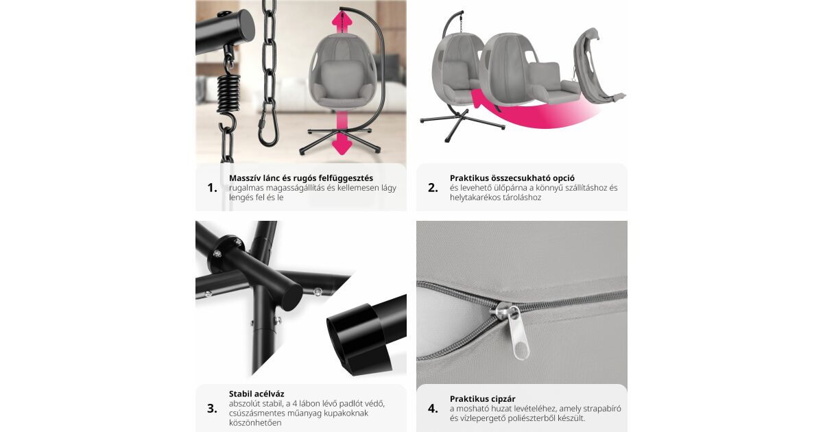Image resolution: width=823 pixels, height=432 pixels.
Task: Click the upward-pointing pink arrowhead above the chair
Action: (x=342, y=19)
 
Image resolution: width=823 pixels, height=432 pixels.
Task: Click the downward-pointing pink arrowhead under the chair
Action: (x=342, y=147)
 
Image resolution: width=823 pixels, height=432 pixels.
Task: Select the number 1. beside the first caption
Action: (x=213, y=188)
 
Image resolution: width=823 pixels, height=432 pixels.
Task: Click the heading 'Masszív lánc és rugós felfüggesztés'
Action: (x=301, y=178)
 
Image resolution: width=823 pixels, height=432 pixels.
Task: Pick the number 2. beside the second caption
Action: (x=433, y=188)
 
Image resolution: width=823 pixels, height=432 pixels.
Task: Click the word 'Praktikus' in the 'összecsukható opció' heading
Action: (x=470, y=178)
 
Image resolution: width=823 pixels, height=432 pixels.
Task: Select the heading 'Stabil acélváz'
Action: (x=257, y=394)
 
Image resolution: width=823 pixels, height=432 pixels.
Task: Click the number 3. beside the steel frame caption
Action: (x=212, y=409)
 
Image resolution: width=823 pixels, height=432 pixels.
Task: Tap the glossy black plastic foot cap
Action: (x=358, y=339)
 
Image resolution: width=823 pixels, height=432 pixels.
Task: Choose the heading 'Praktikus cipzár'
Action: (x=482, y=399)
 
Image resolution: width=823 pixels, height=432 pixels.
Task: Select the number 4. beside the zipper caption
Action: (x=433, y=409)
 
